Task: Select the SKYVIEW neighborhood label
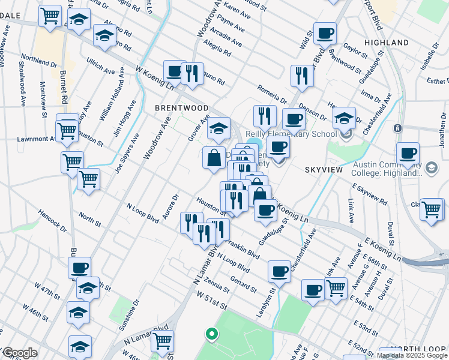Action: (324, 170)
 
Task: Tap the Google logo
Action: (19, 353)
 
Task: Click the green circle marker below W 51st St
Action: (210, 334)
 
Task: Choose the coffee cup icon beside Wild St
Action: (325, 34)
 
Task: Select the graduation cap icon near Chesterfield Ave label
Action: (345, 118)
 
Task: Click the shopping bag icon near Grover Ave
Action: (214, 158)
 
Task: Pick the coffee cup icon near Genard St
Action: (279, 272)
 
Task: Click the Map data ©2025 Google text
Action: (412, 355)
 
